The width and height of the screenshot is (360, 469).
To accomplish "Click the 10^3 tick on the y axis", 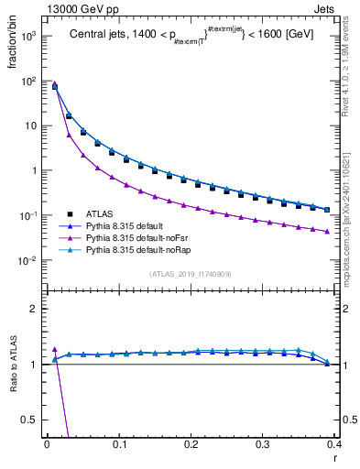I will click(x=29, y=36).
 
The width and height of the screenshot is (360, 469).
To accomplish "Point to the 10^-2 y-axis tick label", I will click(x=29, y=260).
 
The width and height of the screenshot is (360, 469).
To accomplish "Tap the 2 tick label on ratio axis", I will click(x=36, y=309).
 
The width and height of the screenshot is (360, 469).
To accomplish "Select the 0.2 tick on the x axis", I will click(x=191, y=444).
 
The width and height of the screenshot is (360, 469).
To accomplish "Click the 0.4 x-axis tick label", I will click(x=334, y=444).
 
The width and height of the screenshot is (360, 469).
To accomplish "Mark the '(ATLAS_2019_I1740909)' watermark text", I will click(x=190, y=274).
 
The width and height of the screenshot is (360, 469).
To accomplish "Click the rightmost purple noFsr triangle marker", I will click(x=327, y=231).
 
